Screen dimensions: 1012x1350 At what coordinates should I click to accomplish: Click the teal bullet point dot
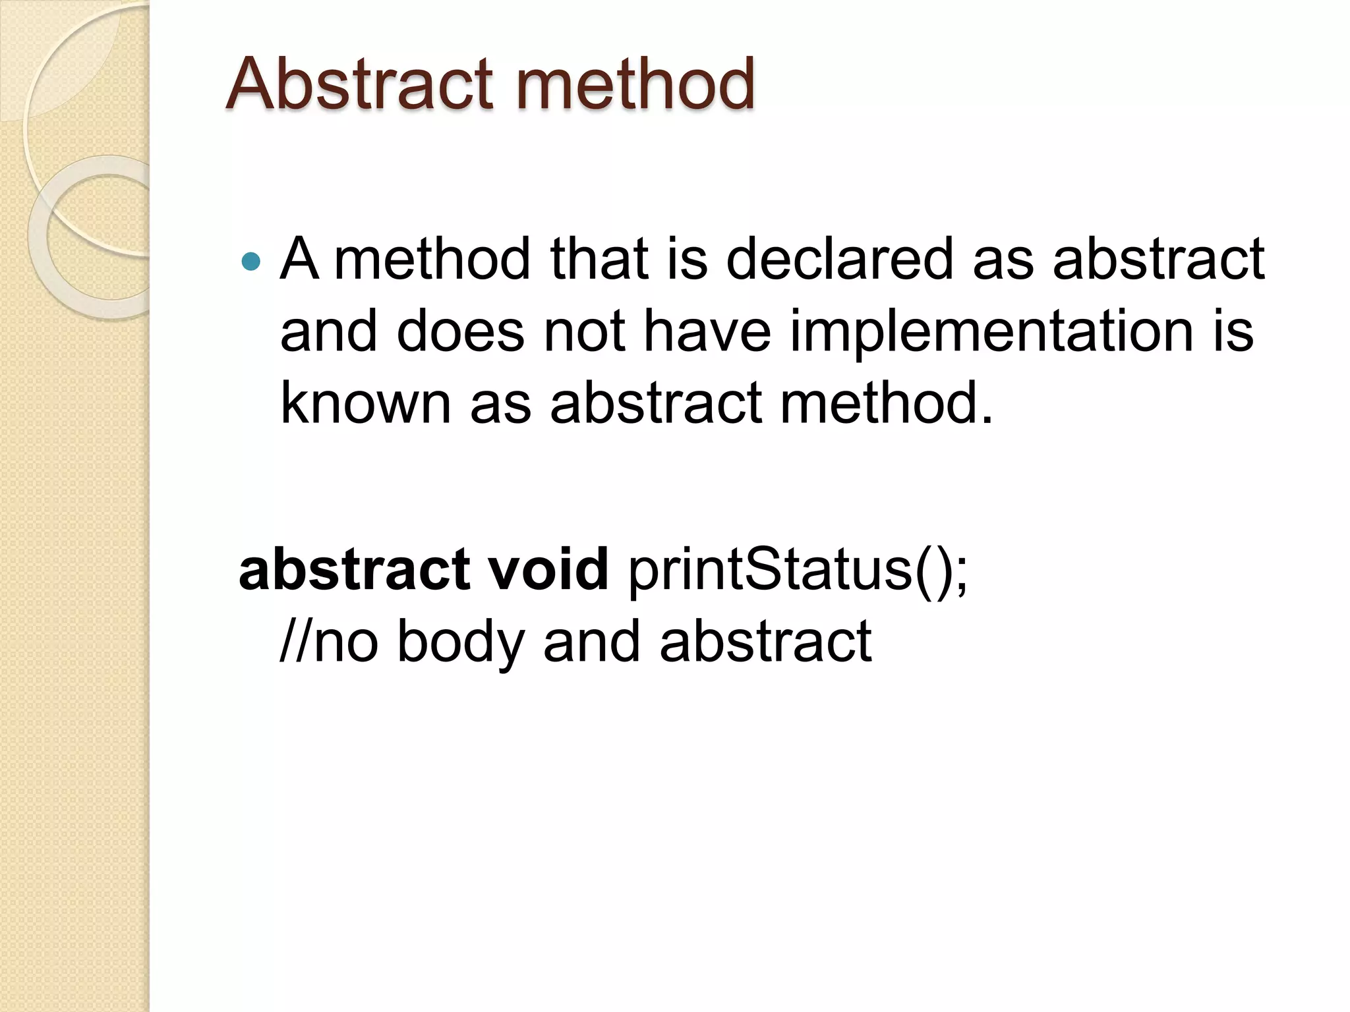251,262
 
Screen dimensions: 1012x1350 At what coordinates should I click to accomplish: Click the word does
460,331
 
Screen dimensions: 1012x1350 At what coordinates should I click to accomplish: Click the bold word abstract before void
355,569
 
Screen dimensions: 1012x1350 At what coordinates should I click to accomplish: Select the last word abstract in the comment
765,641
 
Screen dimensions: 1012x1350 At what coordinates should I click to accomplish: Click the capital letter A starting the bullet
299,259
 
